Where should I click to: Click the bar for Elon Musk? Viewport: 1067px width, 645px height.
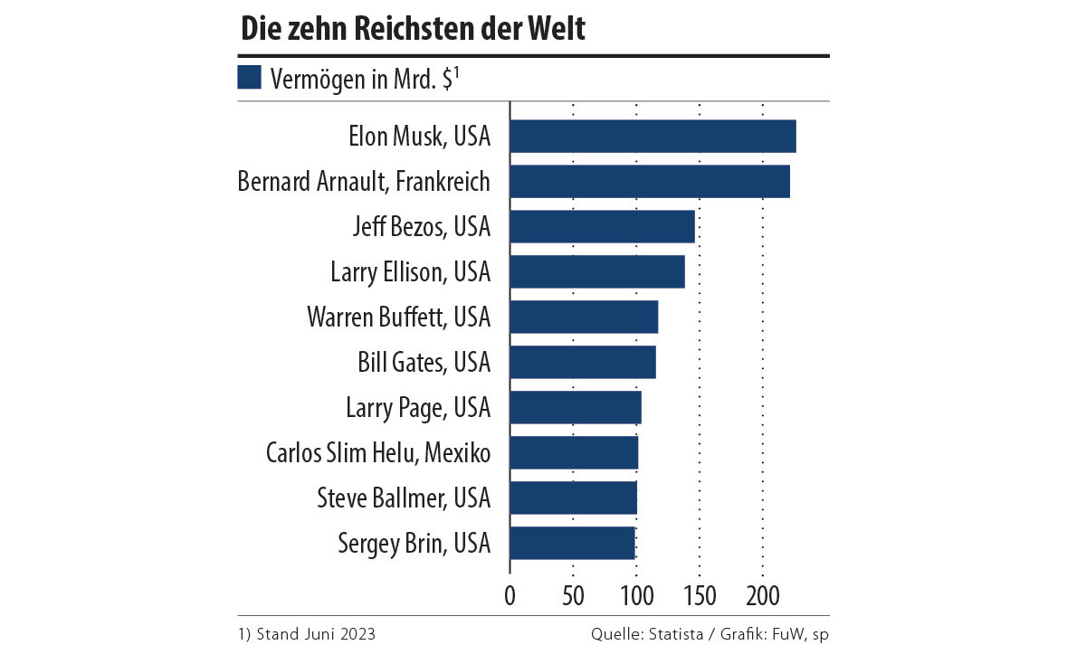(653, 137)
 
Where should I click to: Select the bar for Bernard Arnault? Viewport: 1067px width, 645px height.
(650, 181)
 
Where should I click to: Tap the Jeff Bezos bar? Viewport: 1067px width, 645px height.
(602, 226)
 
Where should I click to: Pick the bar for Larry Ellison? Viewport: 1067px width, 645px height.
(597, 271)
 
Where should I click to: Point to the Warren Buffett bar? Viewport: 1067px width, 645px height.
(584, 317)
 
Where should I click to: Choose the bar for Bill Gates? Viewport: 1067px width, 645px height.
(583, 362)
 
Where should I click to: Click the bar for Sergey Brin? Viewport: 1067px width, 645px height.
(572, 543)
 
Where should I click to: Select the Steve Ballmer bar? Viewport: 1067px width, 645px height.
(573, 498)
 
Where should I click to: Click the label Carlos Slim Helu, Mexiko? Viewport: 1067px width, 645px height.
(378, 452)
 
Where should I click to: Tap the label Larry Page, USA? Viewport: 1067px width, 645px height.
(418, 407)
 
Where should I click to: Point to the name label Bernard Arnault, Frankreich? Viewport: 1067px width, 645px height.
(364, 181)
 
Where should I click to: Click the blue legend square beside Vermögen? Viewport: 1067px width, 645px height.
(249, 77)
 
